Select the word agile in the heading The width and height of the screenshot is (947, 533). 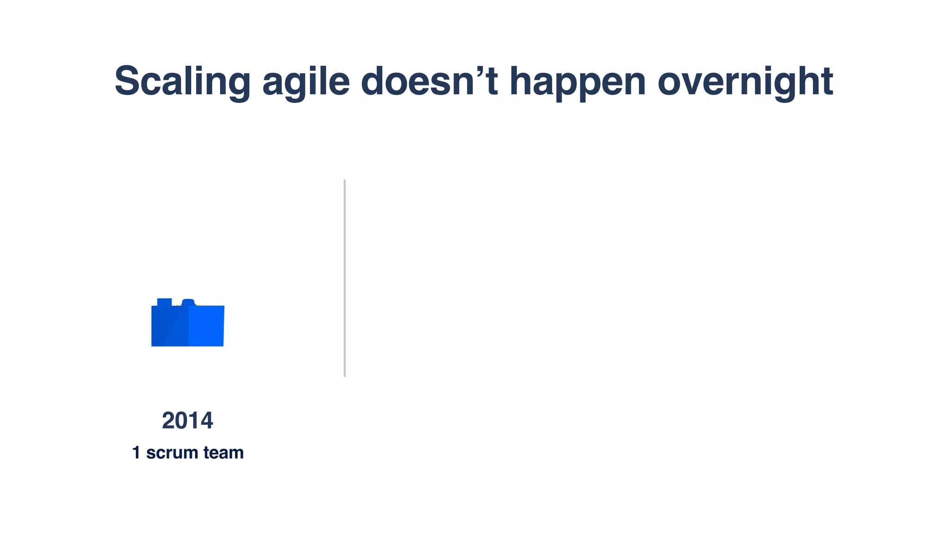tap(306, 82)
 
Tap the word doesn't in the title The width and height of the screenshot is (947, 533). tap(429, 81)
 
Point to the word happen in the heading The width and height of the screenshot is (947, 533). tap(578, 82)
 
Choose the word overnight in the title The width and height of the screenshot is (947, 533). tap(745, 81)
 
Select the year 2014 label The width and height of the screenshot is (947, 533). tap(187, 421)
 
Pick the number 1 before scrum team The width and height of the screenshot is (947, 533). tap(136, 452)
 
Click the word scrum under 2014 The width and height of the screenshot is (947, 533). tap(172, 453)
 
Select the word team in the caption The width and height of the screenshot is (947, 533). tap(223, 452)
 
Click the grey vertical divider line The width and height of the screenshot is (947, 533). tap(344, 278)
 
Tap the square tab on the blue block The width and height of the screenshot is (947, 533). tap(164, 302)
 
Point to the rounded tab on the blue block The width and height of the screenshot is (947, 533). tap(188, 302)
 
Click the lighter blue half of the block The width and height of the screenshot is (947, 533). tap(206, 326)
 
